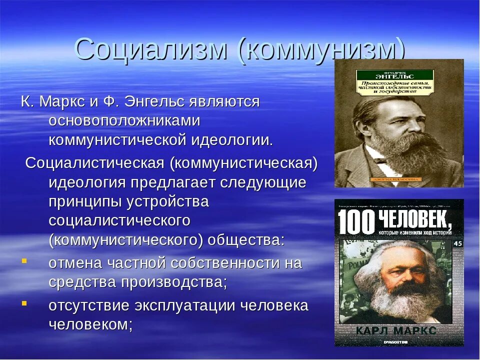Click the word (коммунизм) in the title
coord(320,50)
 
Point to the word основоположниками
coord(124,121)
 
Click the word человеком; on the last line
coord(90,324)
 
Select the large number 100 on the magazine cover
coord(356,222)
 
